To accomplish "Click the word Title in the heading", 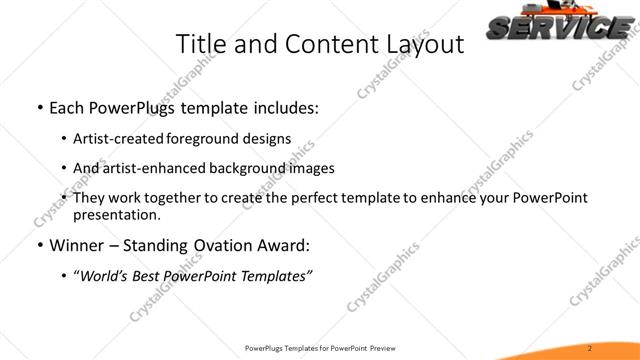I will (x=199, y=44).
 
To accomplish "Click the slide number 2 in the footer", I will (x=592, y=348).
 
